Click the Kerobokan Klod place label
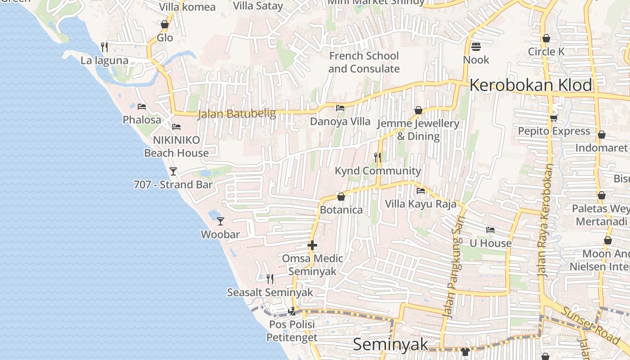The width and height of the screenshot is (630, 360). pyautogui.click(x=531, y=85)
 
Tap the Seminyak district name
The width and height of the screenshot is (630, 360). pyautogui.click(x=391, y=344)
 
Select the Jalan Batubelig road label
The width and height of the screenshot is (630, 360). pyautogui.click(x=237, y=113)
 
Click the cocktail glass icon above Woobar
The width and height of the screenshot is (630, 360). pyautogui.click(x=220, y=221)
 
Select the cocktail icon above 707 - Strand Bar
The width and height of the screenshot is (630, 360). pyautogui.click(x=173, y=171)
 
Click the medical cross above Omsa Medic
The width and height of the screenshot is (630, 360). pyautogui.click(x=312, y=245)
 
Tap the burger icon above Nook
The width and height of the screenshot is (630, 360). pyautogui.click(x=476, y=46)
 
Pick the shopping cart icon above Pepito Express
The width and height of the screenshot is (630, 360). pyautogui.click(x=553, y=118)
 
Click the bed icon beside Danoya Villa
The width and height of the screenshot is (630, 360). pyautogui.click(x=340, y=108)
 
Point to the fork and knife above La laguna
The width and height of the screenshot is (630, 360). pyautogui.click(x=104, y=47)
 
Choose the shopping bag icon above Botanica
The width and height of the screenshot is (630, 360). pyautogui.click(x=341, y=197)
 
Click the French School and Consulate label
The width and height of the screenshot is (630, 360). pyautogui.click(x=364, y=62)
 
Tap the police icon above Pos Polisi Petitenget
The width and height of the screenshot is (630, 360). pyautogui.click(x=292, y=311)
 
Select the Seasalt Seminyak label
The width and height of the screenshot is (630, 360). pyautogui.click(x=270, y=292)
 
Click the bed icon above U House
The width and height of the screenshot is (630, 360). pyautogui.click(x=490, y=230)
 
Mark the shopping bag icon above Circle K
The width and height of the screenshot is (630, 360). pyautogui.click(x=546, y=38)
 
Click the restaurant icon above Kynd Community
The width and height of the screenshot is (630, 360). pyautogui.click(x=378, y=157)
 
